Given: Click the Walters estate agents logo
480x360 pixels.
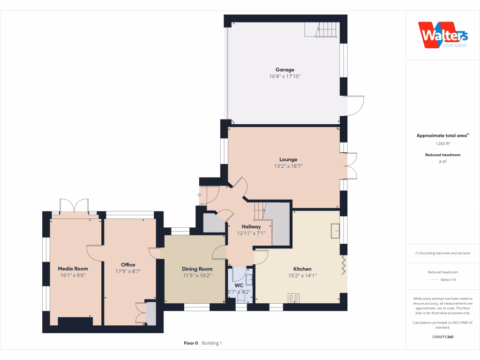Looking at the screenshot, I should [443, 35].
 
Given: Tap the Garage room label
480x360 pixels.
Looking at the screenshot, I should [285, 70].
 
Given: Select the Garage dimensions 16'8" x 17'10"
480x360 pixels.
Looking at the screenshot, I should [285, 76].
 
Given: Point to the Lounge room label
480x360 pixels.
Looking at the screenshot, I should [288, 159].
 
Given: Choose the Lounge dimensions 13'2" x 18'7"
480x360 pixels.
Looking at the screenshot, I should [288, 166].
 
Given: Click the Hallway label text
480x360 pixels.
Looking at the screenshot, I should [251, 226].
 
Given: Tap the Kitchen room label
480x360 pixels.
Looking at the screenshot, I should [302, 269].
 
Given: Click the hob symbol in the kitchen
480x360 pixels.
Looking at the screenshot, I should [294, 298].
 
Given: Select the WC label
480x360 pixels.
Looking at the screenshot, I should [239, 285].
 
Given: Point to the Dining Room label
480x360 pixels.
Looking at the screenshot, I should [197, 269].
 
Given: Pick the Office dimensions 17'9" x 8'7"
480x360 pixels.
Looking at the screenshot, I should [128, 271].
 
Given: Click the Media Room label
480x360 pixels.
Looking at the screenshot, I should [73, 269].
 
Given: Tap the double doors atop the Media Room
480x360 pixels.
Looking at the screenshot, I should [75, 206].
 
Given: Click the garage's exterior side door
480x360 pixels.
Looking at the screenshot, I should [355, 105].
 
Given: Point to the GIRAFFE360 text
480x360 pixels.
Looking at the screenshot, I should [442, 337].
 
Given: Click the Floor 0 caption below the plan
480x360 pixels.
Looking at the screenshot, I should [191, 343].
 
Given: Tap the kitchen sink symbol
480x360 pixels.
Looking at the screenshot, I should [336, 231].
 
